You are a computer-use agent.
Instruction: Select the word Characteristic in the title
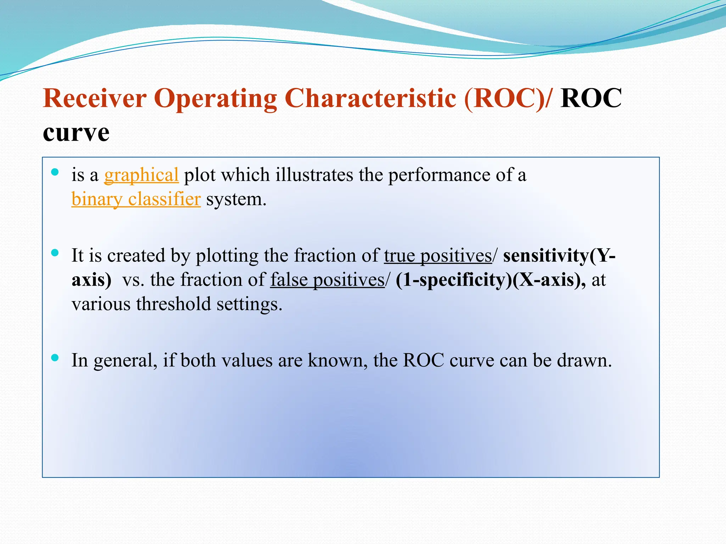coord(370,98)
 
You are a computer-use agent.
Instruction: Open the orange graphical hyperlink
coord(141,175)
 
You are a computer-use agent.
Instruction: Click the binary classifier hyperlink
coord(136,199)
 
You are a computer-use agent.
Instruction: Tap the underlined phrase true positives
coord(438,256)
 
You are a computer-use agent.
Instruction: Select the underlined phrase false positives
coord(327,280)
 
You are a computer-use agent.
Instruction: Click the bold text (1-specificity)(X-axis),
coord(491,280)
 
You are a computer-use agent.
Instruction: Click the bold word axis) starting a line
coord(91,280)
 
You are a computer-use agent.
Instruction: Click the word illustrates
coord(314,175)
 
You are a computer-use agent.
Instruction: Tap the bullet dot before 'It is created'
coord(55,253)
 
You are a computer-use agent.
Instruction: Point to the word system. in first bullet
coord(236,199)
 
